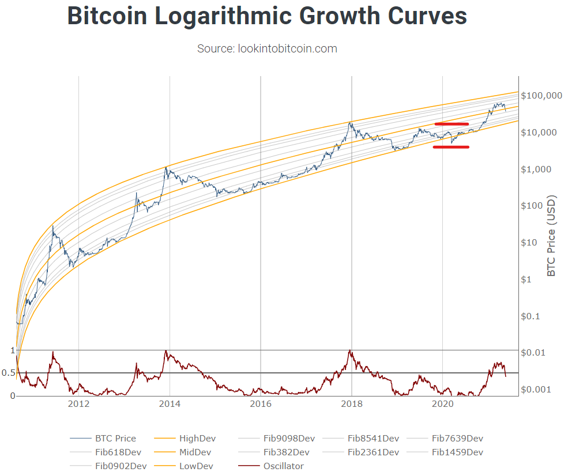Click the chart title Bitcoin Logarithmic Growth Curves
pos(267,16)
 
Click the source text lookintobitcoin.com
pos(267,48)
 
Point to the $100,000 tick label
pos(541,96)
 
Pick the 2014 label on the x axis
pos(170,404)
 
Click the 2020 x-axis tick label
pos(442,404)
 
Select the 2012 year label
pos(78,404)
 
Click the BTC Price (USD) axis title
pos(552,236)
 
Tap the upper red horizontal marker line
pos(452,124)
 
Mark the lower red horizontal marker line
pos(452,147)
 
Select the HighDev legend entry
pos(197,439)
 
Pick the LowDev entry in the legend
pos(197,466)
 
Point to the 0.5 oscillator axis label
pos(8,373)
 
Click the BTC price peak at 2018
pos(350,122)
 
